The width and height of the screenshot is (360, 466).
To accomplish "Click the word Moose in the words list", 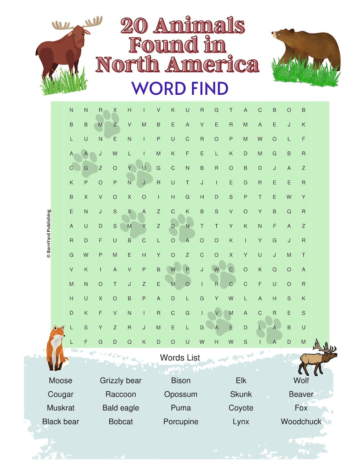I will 60,381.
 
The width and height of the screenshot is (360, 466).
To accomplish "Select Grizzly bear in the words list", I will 121,381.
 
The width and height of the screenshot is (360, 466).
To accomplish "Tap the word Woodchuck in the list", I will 301,422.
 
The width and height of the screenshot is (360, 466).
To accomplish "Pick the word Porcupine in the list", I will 180,422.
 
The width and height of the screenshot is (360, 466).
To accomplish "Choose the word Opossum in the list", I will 180,394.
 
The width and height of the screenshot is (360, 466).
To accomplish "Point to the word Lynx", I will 241,422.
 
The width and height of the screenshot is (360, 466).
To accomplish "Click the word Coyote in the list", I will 241,408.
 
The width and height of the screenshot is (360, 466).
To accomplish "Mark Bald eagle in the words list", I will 121,408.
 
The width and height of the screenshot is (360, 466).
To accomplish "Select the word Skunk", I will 241,394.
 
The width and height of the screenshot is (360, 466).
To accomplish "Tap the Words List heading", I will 180,358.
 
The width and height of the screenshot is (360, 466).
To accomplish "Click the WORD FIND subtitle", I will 180,88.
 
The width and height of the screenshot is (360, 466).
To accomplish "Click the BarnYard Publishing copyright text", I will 49,233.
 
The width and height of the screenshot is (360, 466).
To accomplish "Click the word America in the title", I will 212,65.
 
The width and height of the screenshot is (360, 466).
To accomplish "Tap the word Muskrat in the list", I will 60,408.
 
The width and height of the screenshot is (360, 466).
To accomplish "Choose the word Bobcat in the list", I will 121,422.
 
